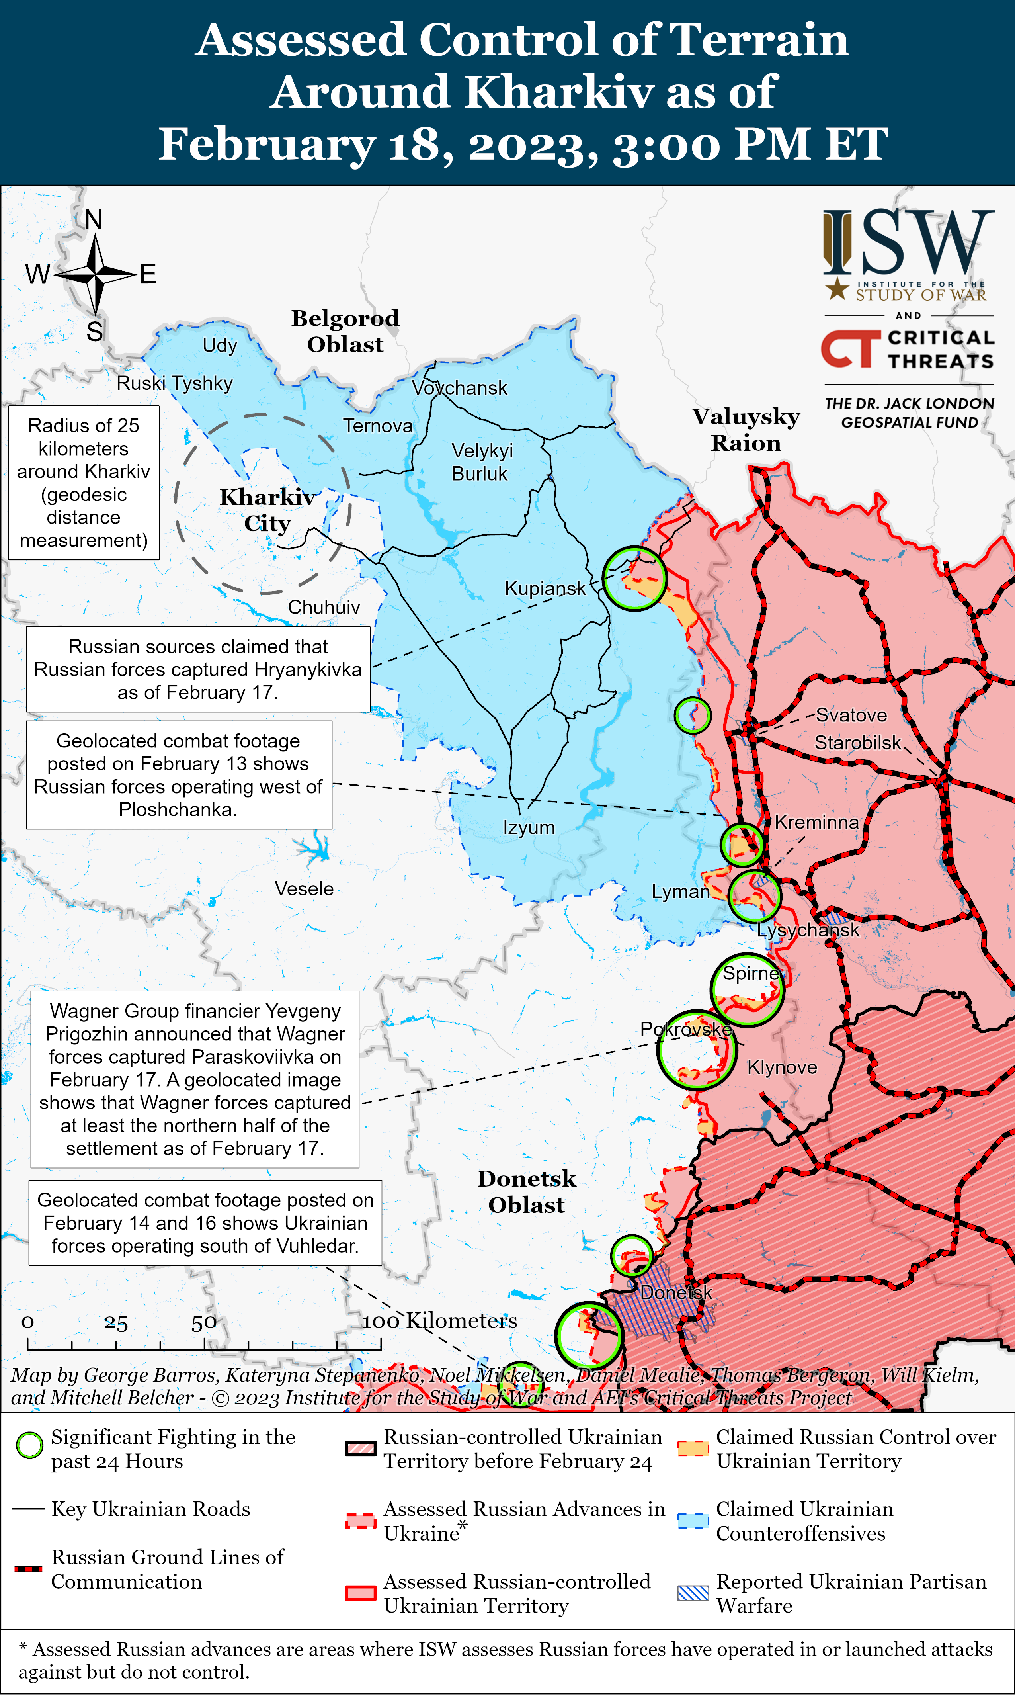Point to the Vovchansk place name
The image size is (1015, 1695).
460,388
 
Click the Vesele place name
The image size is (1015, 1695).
304,889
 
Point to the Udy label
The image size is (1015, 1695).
220,346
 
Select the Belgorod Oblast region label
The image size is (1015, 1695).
345,331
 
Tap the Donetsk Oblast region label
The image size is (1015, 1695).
527,1192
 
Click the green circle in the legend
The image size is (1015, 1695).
29,1445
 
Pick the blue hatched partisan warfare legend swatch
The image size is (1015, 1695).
693,1593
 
